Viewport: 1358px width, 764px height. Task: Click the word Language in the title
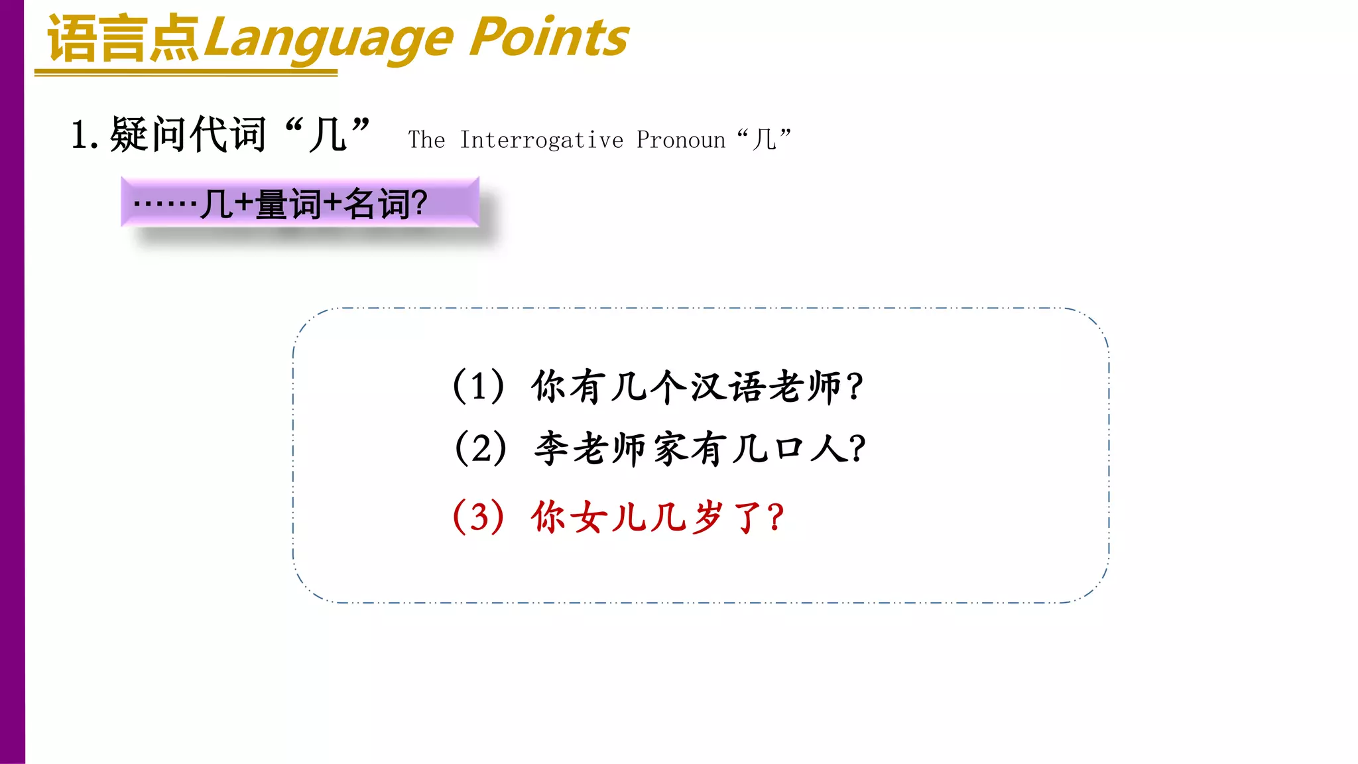click(x=328, y=38)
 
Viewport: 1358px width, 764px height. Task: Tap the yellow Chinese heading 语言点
click(x=123, y=38)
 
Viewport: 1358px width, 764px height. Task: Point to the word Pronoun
click(x=681, y=140)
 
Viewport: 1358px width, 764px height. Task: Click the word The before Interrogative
click(x=426, y=140)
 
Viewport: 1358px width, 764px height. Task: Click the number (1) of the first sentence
click(x=479, y=386)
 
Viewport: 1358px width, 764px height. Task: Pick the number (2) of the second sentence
click(x=481, y=448)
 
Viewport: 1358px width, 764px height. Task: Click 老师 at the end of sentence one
click(x=805, y=387)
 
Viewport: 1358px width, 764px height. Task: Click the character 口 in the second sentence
click(x=789, y=449)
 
